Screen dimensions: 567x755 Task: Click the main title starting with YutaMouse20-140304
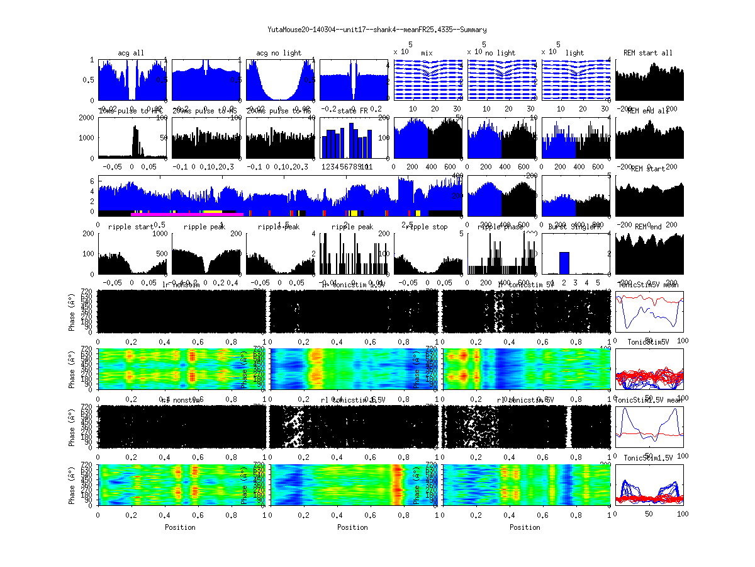(x=377, y=29)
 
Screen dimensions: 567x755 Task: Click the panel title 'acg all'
(x=131, y=53)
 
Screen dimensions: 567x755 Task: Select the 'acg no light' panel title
(x=280, y=53)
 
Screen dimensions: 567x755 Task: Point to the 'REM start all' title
(x=648, y=53)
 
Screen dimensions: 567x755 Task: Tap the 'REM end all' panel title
(x=648, y=111)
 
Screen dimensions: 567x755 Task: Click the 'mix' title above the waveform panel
(x=428, y=53)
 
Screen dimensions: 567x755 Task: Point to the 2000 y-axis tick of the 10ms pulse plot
(x=87, y=118)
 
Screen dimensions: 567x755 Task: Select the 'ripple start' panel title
(x=131, y=227)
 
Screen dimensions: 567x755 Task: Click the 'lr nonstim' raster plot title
(x=180, y=285)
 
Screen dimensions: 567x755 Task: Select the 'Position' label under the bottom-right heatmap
(x=525, y=527)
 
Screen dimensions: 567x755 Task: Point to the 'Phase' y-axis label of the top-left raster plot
(x=72, y=311)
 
